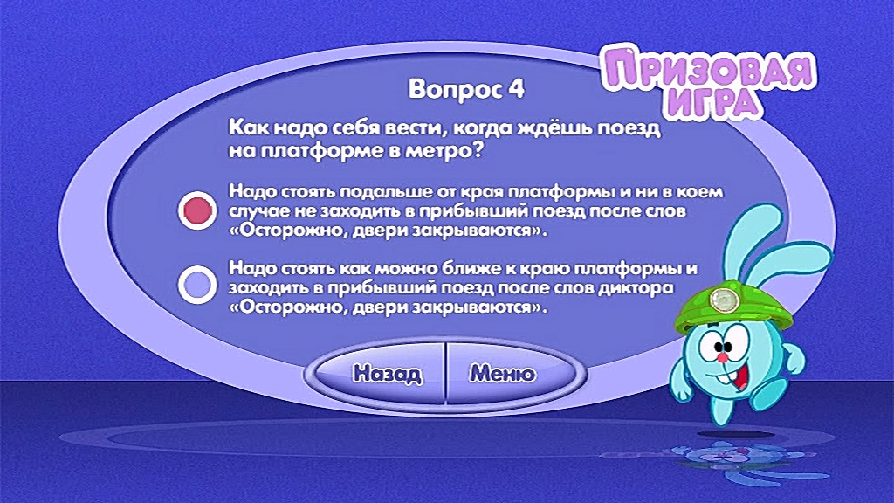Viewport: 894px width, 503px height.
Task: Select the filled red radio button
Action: (x=197, y=210)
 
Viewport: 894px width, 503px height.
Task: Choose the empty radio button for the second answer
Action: (x=197, y=285)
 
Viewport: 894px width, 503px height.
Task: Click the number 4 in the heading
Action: (x=515, y=89)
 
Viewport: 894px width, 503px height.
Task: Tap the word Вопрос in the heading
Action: (x=455, y=90)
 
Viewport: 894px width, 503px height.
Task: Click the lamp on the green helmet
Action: (x=723, y=299)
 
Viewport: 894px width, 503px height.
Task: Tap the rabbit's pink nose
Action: (x=721, y=357)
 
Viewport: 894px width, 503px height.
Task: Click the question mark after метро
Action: (x=478, y=150)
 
